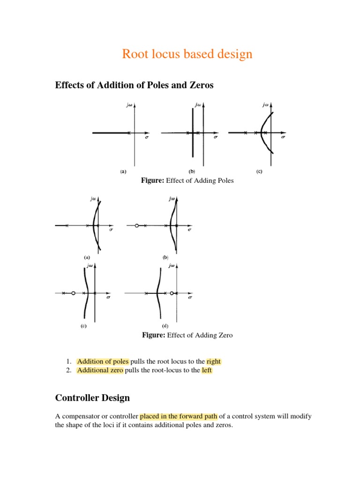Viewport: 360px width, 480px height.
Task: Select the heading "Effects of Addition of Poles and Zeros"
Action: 135,85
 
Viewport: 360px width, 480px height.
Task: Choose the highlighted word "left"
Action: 207,370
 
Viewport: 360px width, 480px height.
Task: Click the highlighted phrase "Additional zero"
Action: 100,370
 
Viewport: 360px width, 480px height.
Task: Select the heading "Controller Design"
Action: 92,398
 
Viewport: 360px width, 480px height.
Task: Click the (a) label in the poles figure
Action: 123,172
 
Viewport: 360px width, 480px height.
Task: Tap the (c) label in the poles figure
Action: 259,172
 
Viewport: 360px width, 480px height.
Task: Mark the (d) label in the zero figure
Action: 165,326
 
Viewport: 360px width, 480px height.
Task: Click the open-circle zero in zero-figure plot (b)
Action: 136,225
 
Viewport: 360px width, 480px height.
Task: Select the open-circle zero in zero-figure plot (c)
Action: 73,293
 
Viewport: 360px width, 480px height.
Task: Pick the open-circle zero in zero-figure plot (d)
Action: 172,293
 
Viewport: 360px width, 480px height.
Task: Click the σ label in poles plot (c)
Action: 283,138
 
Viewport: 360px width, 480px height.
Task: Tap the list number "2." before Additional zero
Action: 68,370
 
